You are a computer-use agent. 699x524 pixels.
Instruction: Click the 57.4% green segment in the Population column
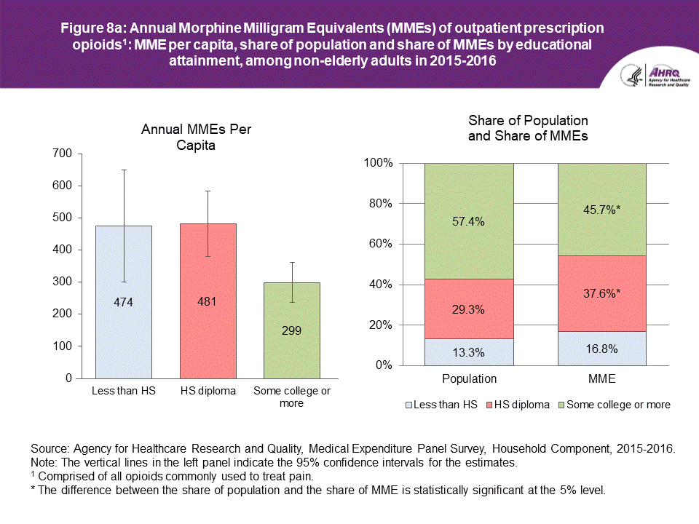tap(469, 221)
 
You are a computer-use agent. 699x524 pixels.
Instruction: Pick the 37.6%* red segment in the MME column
tap(602, 293)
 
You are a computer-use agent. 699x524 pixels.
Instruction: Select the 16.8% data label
tap(602, 349)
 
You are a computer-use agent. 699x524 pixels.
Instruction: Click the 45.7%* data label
tap(602, 210)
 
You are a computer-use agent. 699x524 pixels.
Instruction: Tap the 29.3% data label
tap(469, 309)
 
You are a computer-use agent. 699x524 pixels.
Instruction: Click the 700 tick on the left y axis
tap(63, 154)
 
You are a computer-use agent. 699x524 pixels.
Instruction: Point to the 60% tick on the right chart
tap(381, 244)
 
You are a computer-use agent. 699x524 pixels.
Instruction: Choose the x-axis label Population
tap(469, 378)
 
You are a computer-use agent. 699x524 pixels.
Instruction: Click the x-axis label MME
tap(602, 378)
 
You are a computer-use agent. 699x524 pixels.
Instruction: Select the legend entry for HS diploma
tap(519, 405)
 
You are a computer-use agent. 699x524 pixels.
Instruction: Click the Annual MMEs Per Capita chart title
tap(201, 137)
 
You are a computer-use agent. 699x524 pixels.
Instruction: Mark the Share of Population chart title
tap(528, 127)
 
